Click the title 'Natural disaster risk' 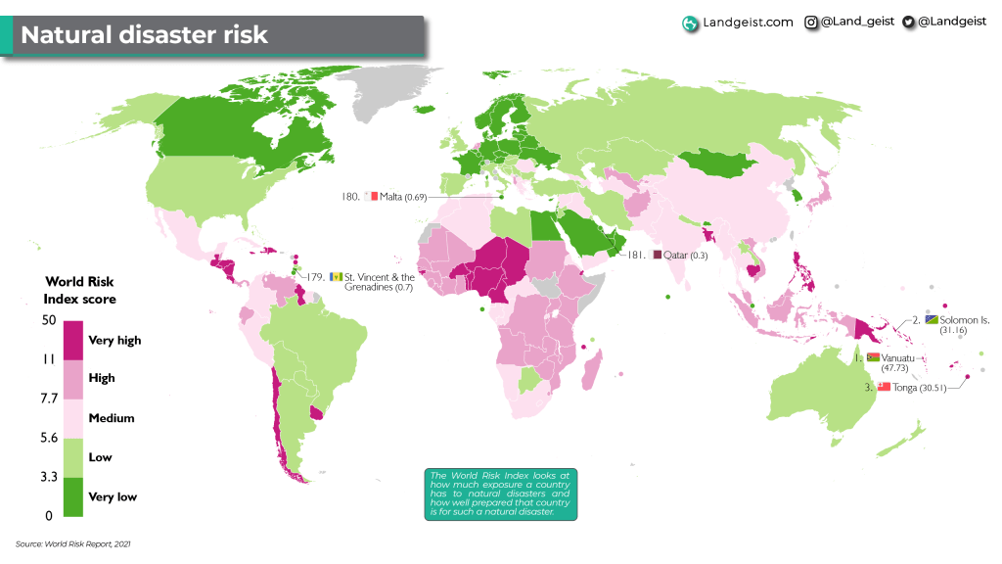coord(144,35)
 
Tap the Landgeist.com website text coord(749,23)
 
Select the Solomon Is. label coord(965,320)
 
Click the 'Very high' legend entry coord(114,341)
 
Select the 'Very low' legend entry coord(113,496)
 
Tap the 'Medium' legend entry coord(112,418)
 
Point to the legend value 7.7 coord(48,399)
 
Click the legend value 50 coord(48,320)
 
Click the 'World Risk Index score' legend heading coord(79,290)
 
